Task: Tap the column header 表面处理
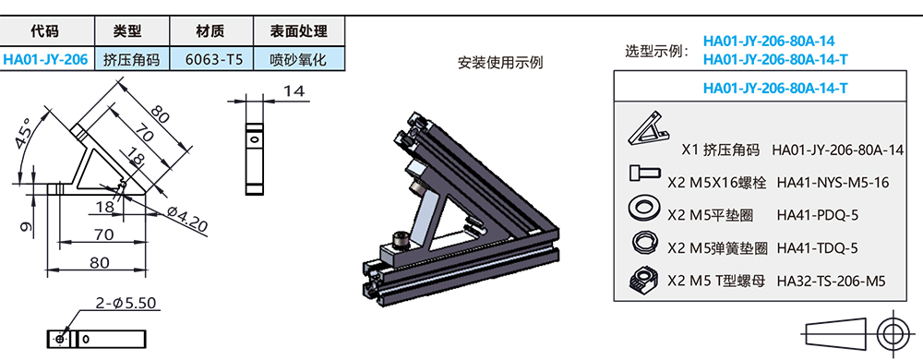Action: tap(298, 30)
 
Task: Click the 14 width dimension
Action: tap(294, 91)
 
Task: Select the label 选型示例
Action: tap(656, 51)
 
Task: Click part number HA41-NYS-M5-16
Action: tap(833, 182)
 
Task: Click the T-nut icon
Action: tap(643, 279)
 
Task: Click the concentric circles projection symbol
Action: tap(893, 333)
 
